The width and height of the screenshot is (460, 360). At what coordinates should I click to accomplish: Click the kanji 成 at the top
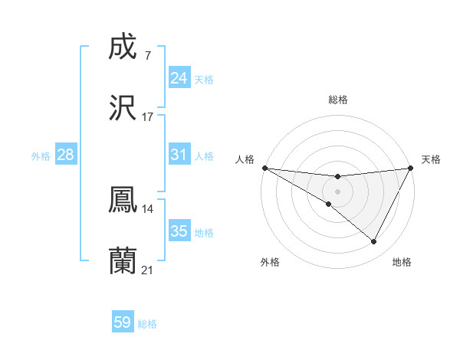pos(123,47)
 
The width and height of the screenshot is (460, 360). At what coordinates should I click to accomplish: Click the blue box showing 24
pos(179,78)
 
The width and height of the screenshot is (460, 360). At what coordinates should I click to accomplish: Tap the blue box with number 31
pos(179,155)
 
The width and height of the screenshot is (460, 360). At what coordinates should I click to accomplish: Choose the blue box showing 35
pos(179,231)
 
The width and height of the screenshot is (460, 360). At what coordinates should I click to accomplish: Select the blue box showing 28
pos(66,155)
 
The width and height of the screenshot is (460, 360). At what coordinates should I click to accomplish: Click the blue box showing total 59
pos(123,322)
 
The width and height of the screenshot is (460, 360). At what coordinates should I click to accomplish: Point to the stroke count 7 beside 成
pos(147,56)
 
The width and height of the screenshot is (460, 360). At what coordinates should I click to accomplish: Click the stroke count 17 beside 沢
pos(147,117)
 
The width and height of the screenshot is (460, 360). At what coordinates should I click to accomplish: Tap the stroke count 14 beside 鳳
pos(147,208)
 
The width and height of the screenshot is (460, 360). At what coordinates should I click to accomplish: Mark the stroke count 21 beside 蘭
pos(147,270)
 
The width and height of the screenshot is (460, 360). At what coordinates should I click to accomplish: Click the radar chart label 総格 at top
pos(337,100)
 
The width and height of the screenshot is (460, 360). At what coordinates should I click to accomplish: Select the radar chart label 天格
pos(431,159)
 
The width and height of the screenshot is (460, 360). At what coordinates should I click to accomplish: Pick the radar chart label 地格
pos(402,262)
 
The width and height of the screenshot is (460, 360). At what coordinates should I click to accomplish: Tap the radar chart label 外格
pos(270,262)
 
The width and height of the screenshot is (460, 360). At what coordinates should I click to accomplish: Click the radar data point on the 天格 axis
pos(411,168)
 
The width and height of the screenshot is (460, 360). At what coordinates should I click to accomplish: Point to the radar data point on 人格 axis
pos(264,168)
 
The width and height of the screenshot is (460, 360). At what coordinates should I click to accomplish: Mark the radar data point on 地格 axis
pos(374,242)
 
